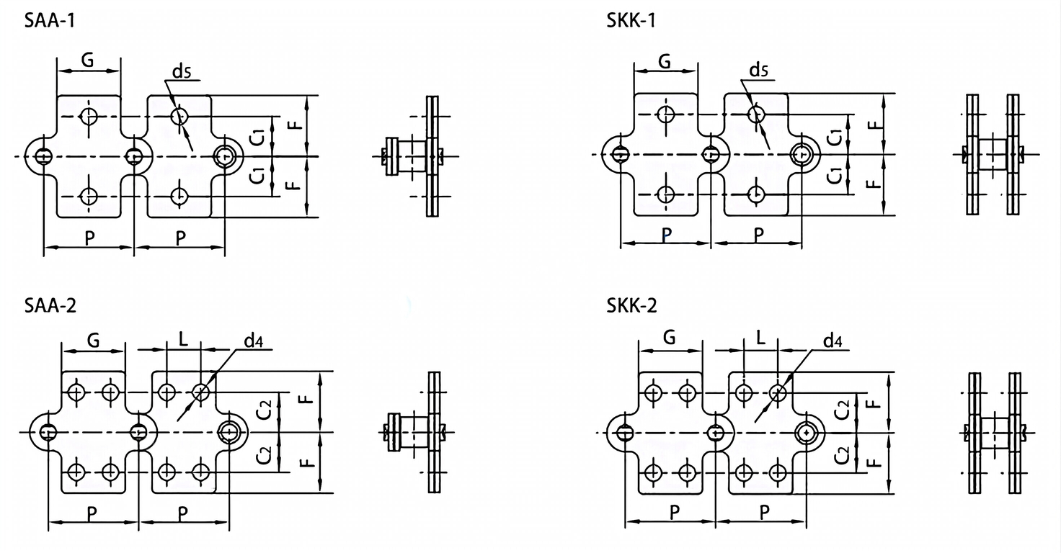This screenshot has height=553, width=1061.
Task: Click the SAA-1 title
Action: pos(50,20)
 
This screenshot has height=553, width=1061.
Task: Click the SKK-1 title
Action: pos(631,20)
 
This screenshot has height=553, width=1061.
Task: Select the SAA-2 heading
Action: pos(50,305)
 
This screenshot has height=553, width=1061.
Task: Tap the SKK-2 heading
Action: pos(631,305)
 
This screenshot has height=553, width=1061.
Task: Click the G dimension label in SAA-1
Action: pos(87,60)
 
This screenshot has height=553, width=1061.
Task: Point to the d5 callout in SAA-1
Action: pos(183,70)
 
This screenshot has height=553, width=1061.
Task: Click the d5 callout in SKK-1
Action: pos(759,70)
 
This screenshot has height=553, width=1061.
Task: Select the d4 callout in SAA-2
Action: pos(253,341)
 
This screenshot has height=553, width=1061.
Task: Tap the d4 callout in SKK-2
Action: pos(833,341)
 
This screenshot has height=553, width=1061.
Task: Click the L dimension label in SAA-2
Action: pos(183,338)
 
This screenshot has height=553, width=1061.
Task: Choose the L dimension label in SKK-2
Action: pos(760,338)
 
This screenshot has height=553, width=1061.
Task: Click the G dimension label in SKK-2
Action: pos(670,338)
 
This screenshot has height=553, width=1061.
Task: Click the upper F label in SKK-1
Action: pos(874,124)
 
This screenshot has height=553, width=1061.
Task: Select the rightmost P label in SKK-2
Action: pos(764,512)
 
